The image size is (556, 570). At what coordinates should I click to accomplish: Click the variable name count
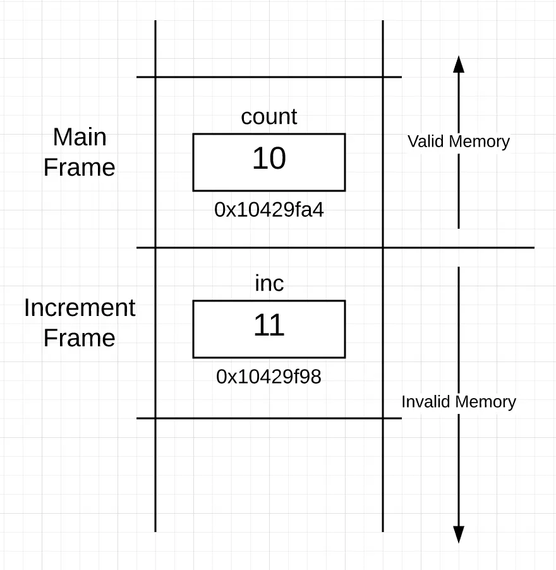269,117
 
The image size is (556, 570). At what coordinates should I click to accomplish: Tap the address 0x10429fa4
269,210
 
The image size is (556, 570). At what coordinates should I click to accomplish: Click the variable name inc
269,284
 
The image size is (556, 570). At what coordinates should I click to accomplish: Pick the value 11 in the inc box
269,325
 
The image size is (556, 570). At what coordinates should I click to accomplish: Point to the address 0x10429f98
269,377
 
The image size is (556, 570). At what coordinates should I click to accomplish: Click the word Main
80,137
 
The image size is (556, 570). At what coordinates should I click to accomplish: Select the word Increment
80,308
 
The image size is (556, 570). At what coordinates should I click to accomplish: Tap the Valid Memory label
459,141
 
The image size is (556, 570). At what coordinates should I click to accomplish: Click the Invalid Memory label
459,402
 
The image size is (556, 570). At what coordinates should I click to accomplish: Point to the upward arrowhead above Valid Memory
459,64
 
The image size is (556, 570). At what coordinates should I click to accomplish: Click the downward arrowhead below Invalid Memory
459,534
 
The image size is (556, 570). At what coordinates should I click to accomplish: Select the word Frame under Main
80,167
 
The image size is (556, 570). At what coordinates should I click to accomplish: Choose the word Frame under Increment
80,338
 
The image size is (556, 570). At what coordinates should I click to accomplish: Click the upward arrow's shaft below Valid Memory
459,190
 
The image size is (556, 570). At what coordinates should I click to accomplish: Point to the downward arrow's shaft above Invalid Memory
459,329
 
